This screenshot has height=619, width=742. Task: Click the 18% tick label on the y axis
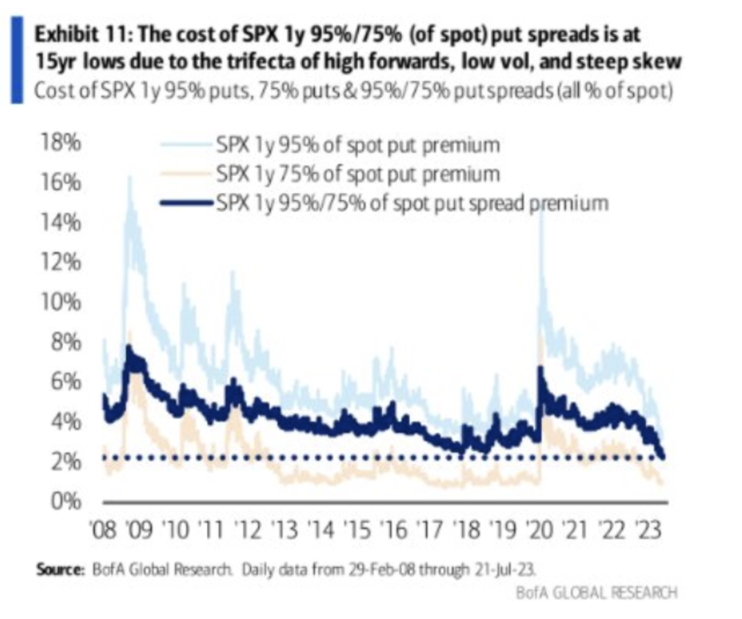pyautogui.click(x=60, y=142)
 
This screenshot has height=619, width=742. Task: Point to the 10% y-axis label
pyautogui.click(x=60, y=302)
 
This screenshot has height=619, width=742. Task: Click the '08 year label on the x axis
pyautogui.click(x=104, y=530)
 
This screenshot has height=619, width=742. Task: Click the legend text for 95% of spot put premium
pyautogui.click(x=358, y=145)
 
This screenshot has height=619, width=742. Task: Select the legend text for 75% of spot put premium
pyautogui.click(x=358, y=174)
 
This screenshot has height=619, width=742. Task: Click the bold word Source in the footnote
pyautogui.click(x=60, y=569)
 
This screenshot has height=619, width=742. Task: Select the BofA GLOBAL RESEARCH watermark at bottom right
pyautogui.click(x=596, y=592)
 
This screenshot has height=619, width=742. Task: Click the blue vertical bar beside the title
pyautogui.click(x=17, y=60)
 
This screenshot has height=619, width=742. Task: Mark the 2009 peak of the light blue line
pyautogui.click(x=129, y=176)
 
